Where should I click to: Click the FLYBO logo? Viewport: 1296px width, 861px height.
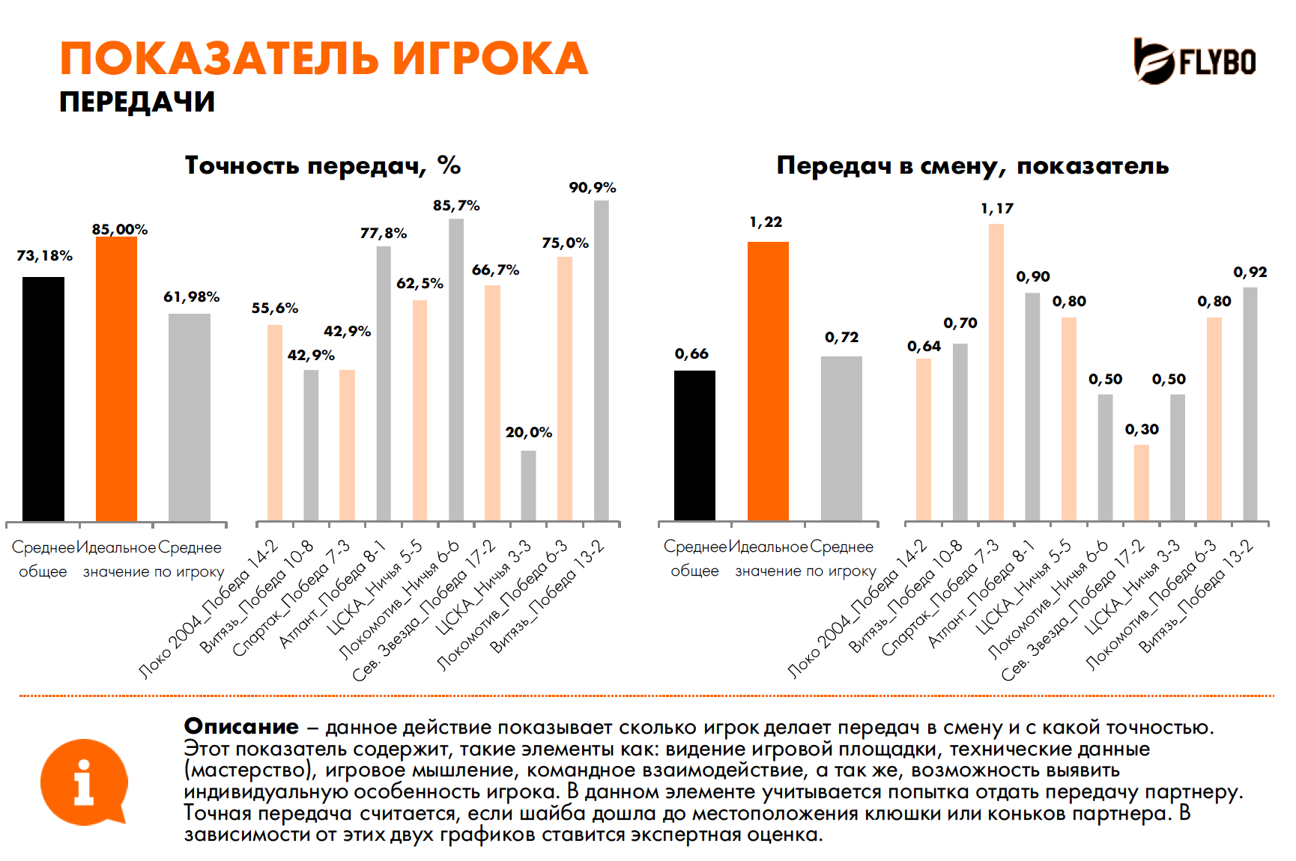pyautogui.click(x=1194, y=61)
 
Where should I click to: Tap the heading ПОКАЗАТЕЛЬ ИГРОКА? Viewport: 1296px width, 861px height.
pyautogui.click(x=324, y=59)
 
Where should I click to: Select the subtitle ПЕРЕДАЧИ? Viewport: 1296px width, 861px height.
pyautogui.click(x=137, y=102)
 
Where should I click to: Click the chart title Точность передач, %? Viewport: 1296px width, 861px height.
pyautogui.click(x=323, y=165)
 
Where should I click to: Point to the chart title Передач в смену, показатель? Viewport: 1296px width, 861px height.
pyautogui.click(x=972, y=165)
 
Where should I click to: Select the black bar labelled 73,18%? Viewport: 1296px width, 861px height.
pyautogui.click(x=43, y=398)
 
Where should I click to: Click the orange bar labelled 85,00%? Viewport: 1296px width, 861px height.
pyautogui.click(x=116, y=378)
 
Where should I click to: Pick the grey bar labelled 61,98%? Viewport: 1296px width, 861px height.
pyautogui.click(x=189, y=417)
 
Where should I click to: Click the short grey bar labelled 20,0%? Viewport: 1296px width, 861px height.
pyautogui.click(x=528, y=485)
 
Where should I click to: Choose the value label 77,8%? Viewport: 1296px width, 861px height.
pyautogui.click(x=384, y=234)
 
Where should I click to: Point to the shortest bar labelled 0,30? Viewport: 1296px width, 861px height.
pyautogui.click(x=1141, y=482)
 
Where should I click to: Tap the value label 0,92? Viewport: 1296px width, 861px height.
pyautogui.click(x=1250, y=273)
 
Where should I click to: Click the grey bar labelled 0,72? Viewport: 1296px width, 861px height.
pyautogui.click(x=841, y=438)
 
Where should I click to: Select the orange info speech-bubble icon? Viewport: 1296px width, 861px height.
pyautogui.click(x=83, y=782)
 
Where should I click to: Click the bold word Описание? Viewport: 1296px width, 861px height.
pyautogui.click(x=241, y=726)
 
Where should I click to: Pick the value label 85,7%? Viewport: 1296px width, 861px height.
pyautogui.click(x=456, y=206)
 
